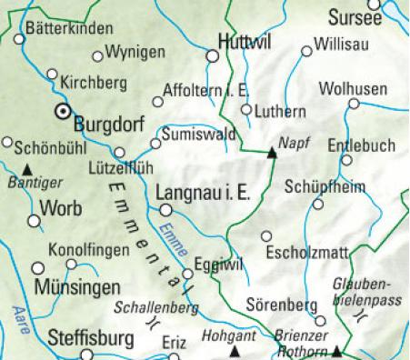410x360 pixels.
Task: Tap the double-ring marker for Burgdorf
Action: (x=63, y=112)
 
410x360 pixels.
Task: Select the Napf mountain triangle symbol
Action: (x=271, y=154)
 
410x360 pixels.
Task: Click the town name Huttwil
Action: (x=245, y=42)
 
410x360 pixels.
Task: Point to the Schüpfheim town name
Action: (x=327, y=187)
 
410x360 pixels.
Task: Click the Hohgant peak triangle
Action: (x=235, y=350)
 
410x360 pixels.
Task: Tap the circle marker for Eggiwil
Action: (x=187, y=274)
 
